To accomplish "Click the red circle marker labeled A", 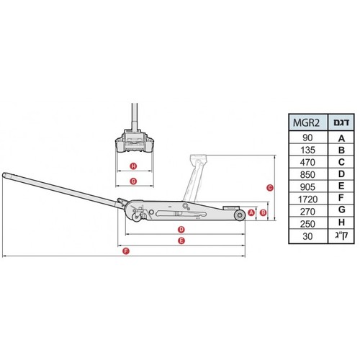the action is click(251, 212).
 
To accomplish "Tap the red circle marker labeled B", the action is click(264, 212).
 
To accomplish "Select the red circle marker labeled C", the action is click(270, 188).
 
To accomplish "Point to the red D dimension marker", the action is click(181, 230).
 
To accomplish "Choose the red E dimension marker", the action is click(181, 240).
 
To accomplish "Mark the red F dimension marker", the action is click(126, 251).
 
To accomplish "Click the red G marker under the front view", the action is click(133, 181).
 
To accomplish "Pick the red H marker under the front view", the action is click(133, 166).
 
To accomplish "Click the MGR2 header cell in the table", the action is click(308, 122).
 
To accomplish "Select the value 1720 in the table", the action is click(307, 199).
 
